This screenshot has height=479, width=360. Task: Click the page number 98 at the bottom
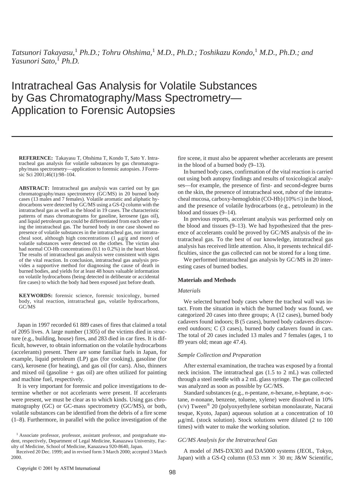pos(172,472)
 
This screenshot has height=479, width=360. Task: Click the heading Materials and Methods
pos(207,280)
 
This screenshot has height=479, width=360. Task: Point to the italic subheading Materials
pos(189,291)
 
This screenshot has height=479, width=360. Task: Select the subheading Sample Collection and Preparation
pos(219,355)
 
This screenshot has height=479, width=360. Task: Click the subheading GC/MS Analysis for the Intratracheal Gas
pos(227,440)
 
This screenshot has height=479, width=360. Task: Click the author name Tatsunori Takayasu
pos(43,53)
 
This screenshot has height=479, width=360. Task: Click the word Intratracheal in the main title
pos(41,86)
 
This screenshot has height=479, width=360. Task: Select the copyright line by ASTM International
pos(58,468)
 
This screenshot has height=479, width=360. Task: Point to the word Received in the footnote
pos(25,452)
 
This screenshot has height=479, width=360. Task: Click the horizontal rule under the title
pos(172,136)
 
